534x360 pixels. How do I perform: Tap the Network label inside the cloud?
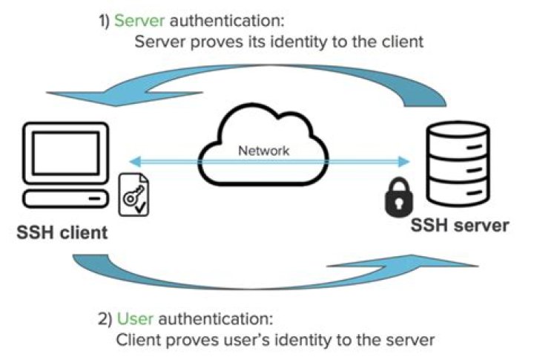(x=263, y=151)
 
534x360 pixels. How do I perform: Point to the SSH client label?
(x=63, y=232)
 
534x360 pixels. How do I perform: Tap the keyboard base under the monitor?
(x=63, y=198)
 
